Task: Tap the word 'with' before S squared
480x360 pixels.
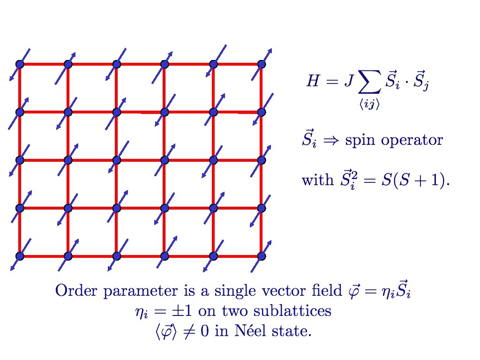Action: [x=317, y=180]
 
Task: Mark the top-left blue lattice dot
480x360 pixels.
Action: [x=19, y=64]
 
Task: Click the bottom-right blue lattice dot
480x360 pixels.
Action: [x=262, y=256]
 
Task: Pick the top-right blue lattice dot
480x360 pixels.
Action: [x=262, y=64]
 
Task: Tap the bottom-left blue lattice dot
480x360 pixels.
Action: [x=19, y=256]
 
